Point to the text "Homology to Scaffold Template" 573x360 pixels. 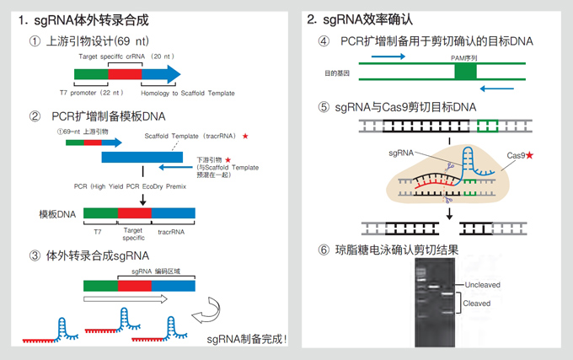coord(190,94)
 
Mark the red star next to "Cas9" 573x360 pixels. coord(541,156)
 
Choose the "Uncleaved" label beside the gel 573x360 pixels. coord(481,285)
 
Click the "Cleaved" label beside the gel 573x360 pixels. coord(476,303)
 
